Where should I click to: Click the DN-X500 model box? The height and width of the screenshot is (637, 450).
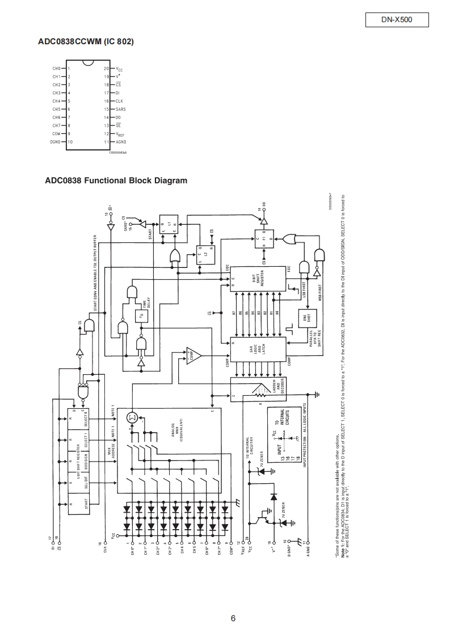click(397, 20)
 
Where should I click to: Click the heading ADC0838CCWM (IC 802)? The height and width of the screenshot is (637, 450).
click(86, 42)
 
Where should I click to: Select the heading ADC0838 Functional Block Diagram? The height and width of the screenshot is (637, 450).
click(116, 181)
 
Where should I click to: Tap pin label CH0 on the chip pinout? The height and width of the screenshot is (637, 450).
click(57, 68)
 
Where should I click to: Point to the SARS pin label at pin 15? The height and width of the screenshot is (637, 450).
click(120, 109)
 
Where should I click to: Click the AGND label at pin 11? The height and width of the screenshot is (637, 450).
click(121, 142)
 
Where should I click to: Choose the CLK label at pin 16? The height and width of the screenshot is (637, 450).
click(119, 101)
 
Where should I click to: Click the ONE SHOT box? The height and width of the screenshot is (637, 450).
click(309, 318)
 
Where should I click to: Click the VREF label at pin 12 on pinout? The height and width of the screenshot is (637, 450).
click(121, 134)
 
